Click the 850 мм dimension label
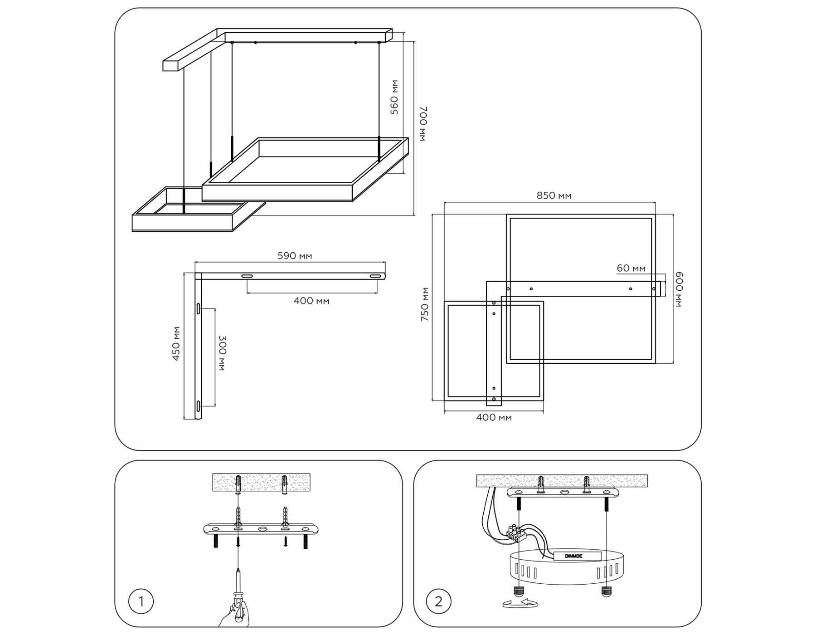tap(554, 195)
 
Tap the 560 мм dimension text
tap(394, 97)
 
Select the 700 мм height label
tap(423, 124)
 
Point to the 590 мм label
tap(295, 256)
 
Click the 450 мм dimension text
tap(176, 343)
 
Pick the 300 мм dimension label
tap(222, 354)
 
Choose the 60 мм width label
tap(631, 268)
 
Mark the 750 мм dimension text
tap(425, 304)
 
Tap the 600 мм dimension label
tap(679, 289)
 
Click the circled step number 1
tap(141, 602)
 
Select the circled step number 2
tap(438, 602)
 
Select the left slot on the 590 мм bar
tap(247, 276)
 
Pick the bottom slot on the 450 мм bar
tap(199, 406)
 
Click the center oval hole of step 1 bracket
tap(262, 529)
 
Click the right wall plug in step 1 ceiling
tap(284, 484)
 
